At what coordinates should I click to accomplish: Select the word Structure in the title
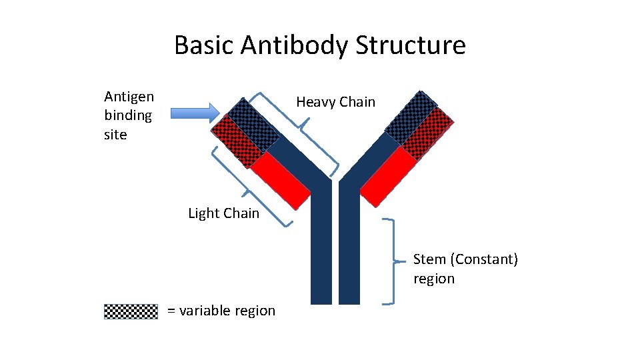pos(411,45)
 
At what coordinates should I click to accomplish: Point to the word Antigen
pos(129,97)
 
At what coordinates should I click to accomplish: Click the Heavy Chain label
pos(335,102)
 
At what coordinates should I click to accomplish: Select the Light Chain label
pos(223,213)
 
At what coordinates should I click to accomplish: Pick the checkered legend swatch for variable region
pos(131,311)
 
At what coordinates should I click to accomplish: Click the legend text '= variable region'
pos(221,311)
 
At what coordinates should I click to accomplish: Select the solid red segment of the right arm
pos(387,177)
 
